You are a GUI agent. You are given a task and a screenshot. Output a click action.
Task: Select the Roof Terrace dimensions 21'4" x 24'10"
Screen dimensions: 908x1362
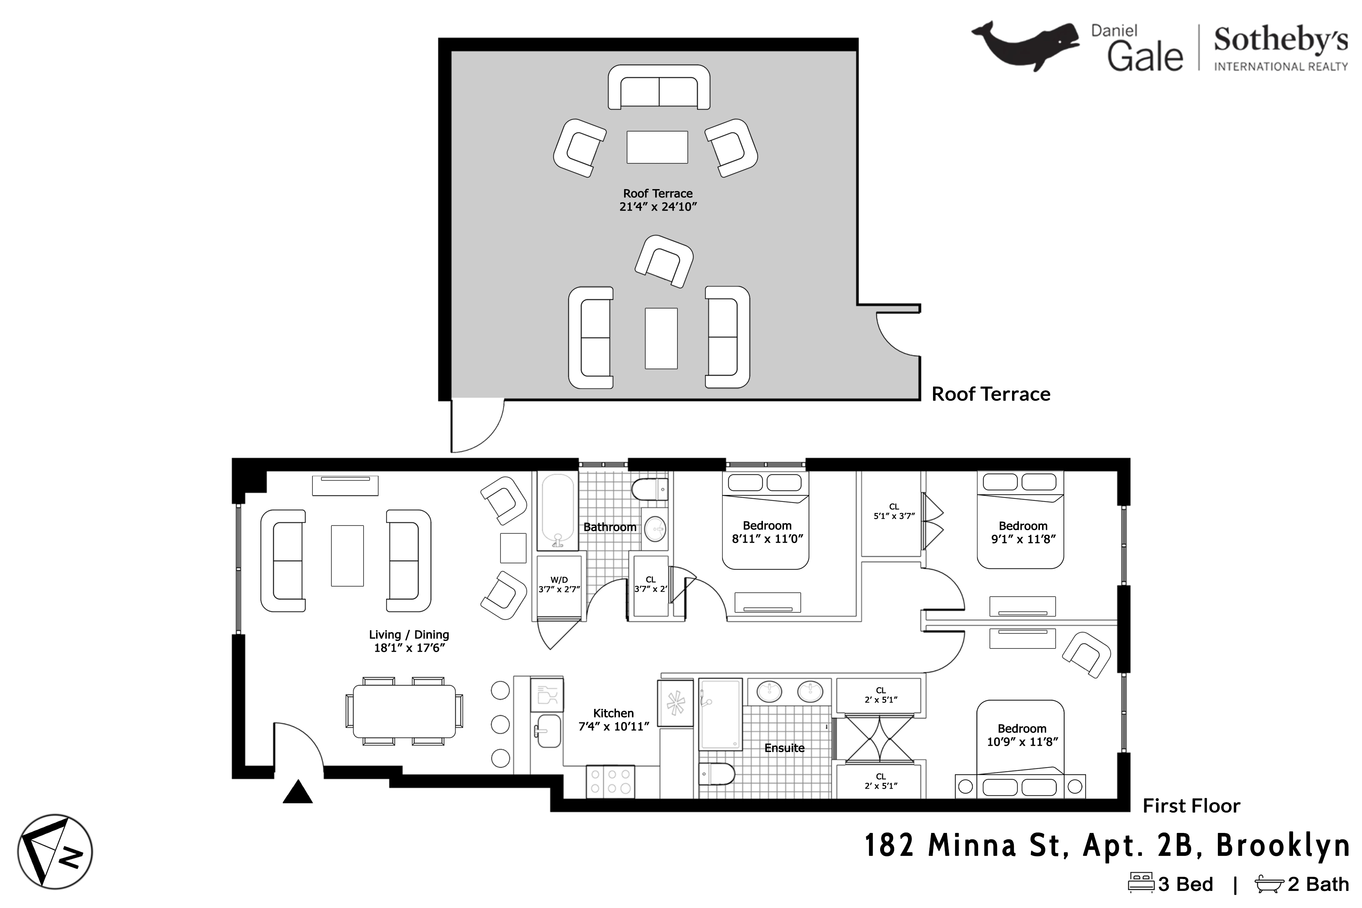coord(658,207)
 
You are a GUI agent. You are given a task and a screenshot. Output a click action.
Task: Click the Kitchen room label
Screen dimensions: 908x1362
coord(613,714)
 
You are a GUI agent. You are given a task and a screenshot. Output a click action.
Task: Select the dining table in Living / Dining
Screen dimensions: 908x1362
coord(404,711)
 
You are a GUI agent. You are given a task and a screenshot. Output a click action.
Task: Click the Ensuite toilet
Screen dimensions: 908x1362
coord(717,774)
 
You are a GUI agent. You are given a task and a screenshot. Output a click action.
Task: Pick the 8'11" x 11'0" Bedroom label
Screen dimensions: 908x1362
coord(767,532)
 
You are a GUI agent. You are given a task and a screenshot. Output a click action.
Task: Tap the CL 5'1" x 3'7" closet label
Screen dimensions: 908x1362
coord(894,511)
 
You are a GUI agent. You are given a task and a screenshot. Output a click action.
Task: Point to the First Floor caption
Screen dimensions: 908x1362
coord(1191,806)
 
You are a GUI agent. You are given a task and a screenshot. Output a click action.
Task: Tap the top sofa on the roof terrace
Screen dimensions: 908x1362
coord(659,87)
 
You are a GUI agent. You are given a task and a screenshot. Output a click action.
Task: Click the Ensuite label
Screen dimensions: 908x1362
coord(784,748)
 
